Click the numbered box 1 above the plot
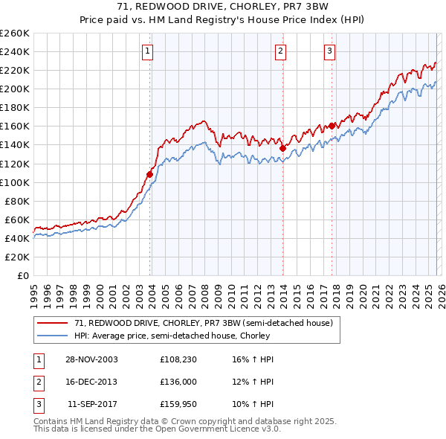[x=148, y=51]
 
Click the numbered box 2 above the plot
[x=280, y=51]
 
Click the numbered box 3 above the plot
[x=329, y=51]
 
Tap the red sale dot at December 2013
[x=282, y=148]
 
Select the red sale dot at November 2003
[x=150, y=174]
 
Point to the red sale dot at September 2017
[x=332, y=126]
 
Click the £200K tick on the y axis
[x=15, y=89]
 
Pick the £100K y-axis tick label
[x=15, y=182]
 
